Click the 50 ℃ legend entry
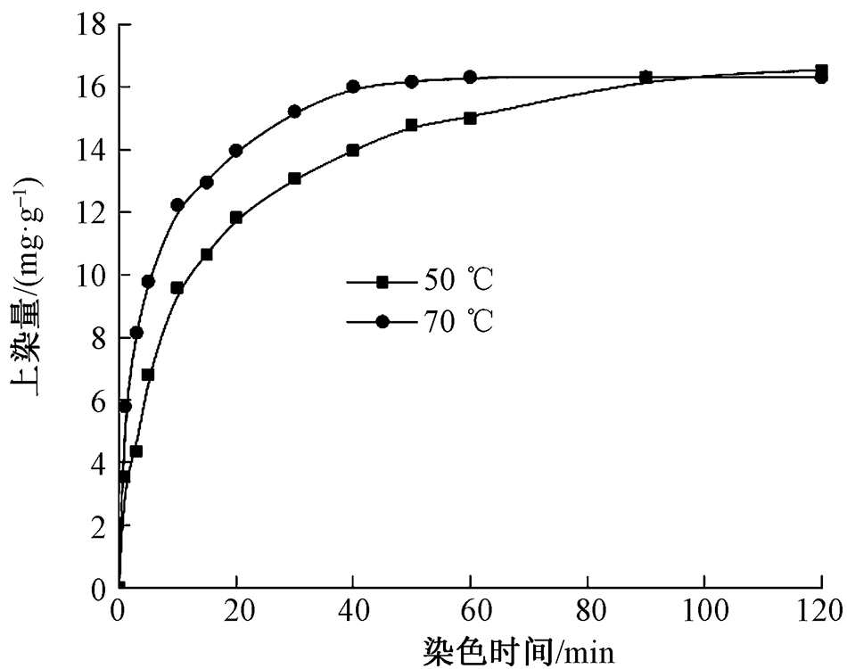[x=419, y=283]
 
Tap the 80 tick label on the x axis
[x=588, y=613]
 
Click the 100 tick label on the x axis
[x=704, y=613]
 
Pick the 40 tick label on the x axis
[x=353, y=613]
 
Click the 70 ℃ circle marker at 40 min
[x=353, y=87]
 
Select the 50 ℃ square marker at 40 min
[x=353, y=150]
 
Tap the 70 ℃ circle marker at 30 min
[x=294, y=111]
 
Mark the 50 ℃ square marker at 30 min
[x=294, y=178]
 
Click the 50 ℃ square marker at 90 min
[x=646, y=78]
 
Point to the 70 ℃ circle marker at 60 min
[x=470, y=77]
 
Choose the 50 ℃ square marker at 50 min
[x=411, y=126]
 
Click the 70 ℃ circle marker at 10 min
[x=177, y=205]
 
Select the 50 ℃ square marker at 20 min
[x=236, y=217]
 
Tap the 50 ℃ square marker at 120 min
[x=821, y=70]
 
